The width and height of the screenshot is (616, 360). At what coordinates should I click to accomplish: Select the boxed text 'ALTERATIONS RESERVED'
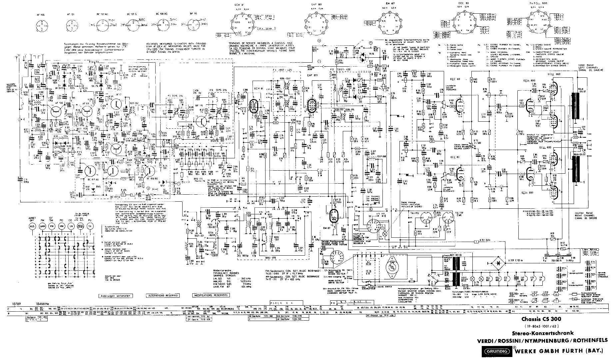click(x=163, y=295)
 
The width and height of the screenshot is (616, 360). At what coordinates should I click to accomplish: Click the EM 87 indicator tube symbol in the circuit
click(x=333, y=217)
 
